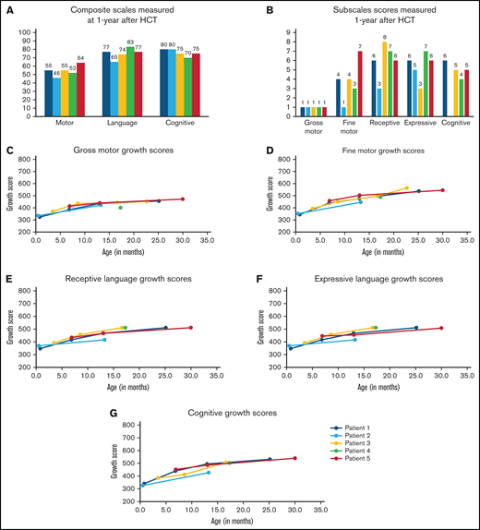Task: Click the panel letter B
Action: pyautogui.click(x=269, y=9)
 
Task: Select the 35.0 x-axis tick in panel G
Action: pyautogui.click(x=320, y=511)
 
